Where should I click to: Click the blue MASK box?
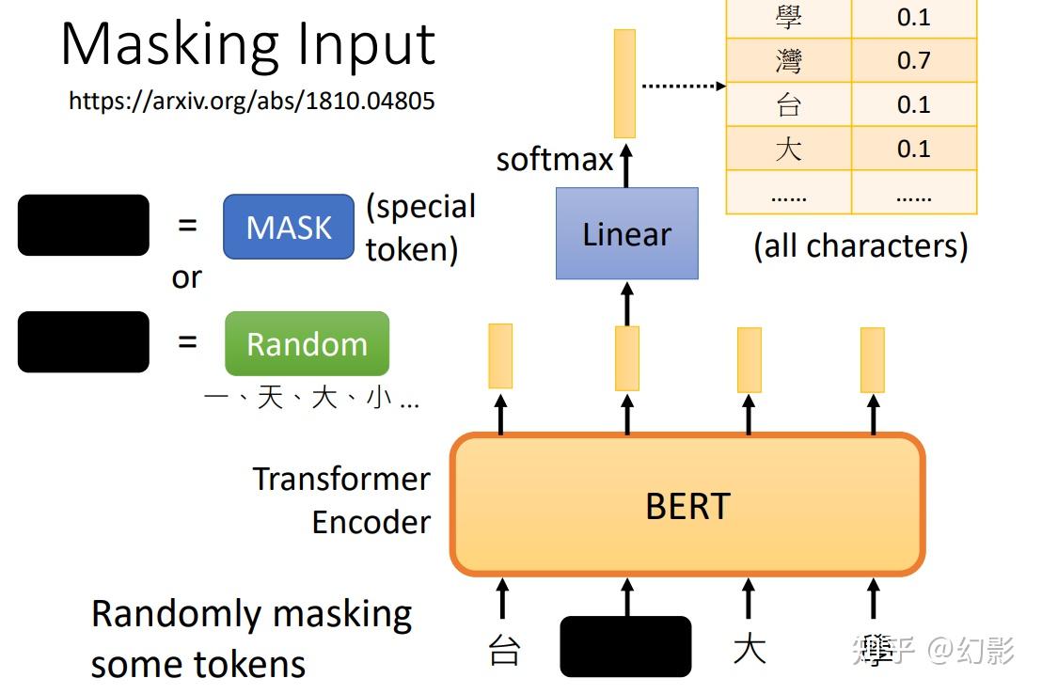coord(289,227)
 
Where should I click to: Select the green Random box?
coord(307,343)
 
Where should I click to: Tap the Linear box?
coord(626,233)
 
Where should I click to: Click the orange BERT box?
coord(687,505)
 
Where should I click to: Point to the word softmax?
coord(554,159)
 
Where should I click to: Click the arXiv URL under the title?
coord(252,101)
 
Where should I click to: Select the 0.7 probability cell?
coord(913,61)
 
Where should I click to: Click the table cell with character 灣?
coord(788,61)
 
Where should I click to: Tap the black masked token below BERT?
coord(625,646)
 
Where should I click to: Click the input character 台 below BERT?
coord(504,650)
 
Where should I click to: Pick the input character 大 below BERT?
coord(749,649)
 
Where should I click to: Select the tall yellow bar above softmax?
coord(624,83)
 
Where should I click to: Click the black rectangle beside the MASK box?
coord(83,225)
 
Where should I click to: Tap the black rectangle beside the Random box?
coord(83,341)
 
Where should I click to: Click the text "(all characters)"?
coord(860,245)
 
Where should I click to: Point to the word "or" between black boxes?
coord(186,277)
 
